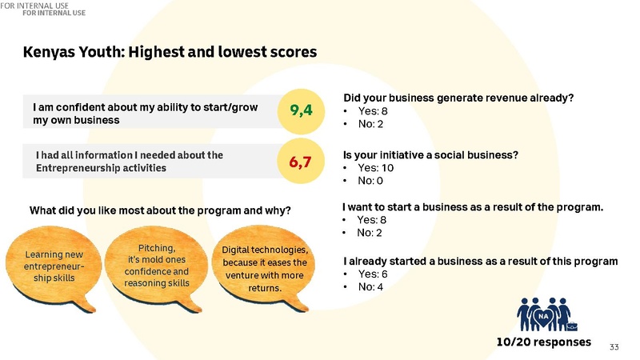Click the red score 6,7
(301, 162)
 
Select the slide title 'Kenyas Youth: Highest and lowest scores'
(170, 51)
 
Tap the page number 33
(614, 346)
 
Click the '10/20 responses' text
(543, 342)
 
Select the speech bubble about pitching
(157, 265)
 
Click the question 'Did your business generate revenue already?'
(458, 98)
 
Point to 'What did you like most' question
(160, 211)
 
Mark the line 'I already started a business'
(480, 261)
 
